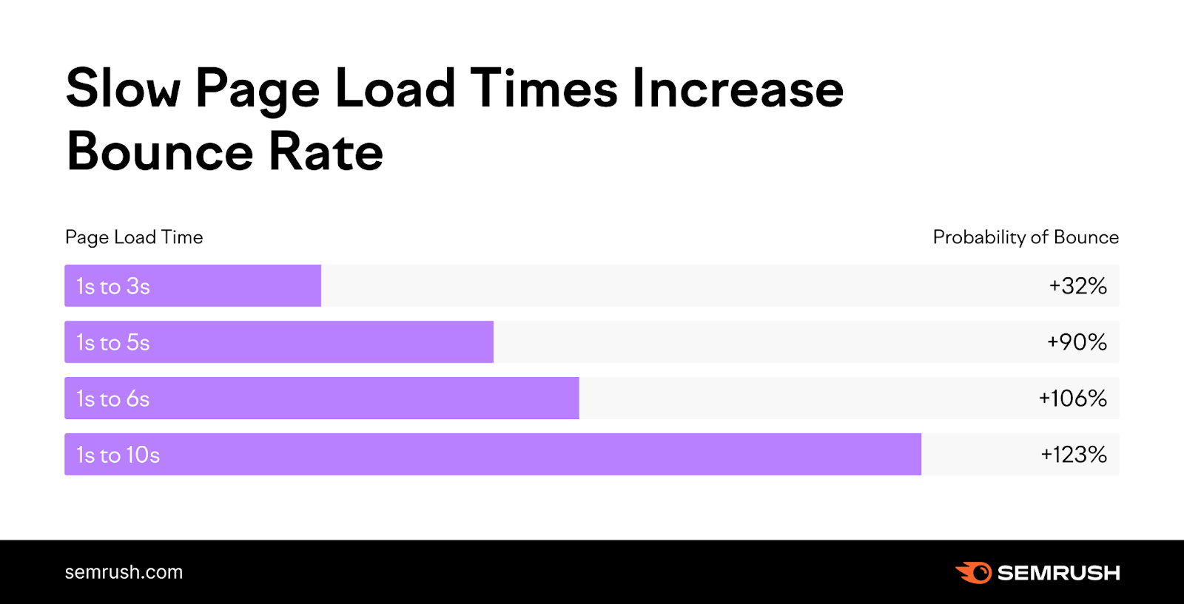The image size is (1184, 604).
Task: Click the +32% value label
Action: pos(1077,286)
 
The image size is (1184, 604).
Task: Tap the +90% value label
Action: pos(1077,342)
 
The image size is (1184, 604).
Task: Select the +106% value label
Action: pos(1072,398)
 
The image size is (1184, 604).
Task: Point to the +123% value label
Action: pos(1074,455)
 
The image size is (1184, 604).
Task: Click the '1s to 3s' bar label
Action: pos(113,286)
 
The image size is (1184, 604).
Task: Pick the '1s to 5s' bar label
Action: pos(113,342)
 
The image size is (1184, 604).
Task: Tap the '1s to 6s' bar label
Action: pos(113,398)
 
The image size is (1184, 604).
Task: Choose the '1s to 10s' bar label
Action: pos(118,455)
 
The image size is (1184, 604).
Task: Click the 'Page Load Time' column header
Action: pos(134,237)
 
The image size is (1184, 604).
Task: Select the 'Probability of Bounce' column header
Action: pos(1026,237)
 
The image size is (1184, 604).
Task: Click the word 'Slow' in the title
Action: pos(123,89)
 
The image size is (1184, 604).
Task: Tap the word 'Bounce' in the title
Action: pos(161,152)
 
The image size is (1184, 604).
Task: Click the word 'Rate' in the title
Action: pos(326,152)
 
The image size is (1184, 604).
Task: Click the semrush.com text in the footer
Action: pos(124,572)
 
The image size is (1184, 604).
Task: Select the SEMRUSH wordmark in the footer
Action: pos(1058,573)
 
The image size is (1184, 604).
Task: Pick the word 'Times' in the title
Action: pos(544,89)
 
